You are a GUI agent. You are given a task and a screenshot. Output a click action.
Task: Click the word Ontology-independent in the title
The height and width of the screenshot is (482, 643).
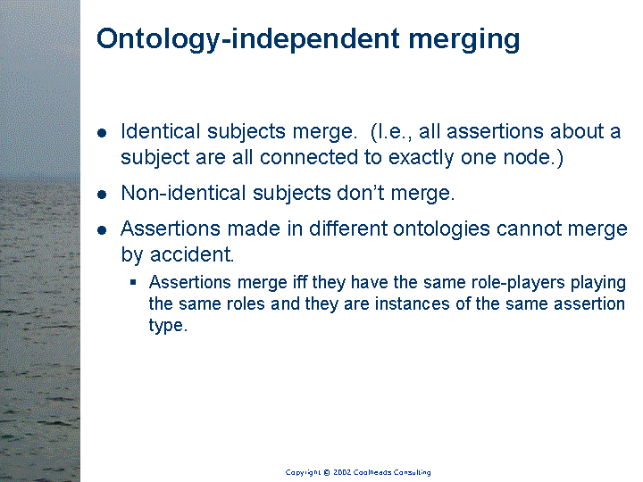tap(248, 39)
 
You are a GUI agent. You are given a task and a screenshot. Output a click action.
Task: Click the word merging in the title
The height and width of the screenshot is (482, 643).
tap(464, 40)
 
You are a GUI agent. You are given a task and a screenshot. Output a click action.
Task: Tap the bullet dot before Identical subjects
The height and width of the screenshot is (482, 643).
tap(102, 133)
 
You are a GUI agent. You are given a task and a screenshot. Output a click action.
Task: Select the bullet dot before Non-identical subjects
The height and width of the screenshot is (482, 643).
tap(102, 194)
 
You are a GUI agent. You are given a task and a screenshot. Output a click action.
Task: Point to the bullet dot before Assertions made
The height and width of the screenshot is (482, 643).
tap(102, 230)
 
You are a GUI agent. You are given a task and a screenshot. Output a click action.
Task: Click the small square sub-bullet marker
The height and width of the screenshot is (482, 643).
tap(133, 282)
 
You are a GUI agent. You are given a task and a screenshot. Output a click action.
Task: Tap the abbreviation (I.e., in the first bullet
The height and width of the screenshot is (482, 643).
tap(391, 132)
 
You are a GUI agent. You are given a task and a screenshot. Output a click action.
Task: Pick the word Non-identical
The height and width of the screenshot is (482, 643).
tap(183, 193)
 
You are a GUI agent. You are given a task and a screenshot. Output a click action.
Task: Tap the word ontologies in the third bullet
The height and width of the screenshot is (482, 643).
tap(441, 229)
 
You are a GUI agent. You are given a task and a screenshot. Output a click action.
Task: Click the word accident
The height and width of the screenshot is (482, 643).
tap(192, 254)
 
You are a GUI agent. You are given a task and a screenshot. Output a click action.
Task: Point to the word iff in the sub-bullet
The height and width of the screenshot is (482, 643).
tap(300, 282)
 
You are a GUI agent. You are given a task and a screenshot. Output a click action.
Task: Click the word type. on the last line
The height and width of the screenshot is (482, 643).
tap(168, 326)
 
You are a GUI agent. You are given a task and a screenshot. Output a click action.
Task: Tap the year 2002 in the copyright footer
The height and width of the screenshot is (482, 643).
tap(341, 472)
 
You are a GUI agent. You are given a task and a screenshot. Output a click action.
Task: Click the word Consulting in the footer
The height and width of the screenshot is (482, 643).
tap(412, 472)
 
